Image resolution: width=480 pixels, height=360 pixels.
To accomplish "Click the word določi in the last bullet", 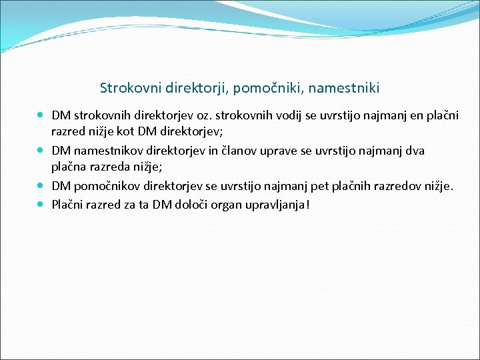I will (x=194, y=204).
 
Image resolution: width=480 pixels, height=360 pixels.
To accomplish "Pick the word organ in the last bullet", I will (x=229, y=204).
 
